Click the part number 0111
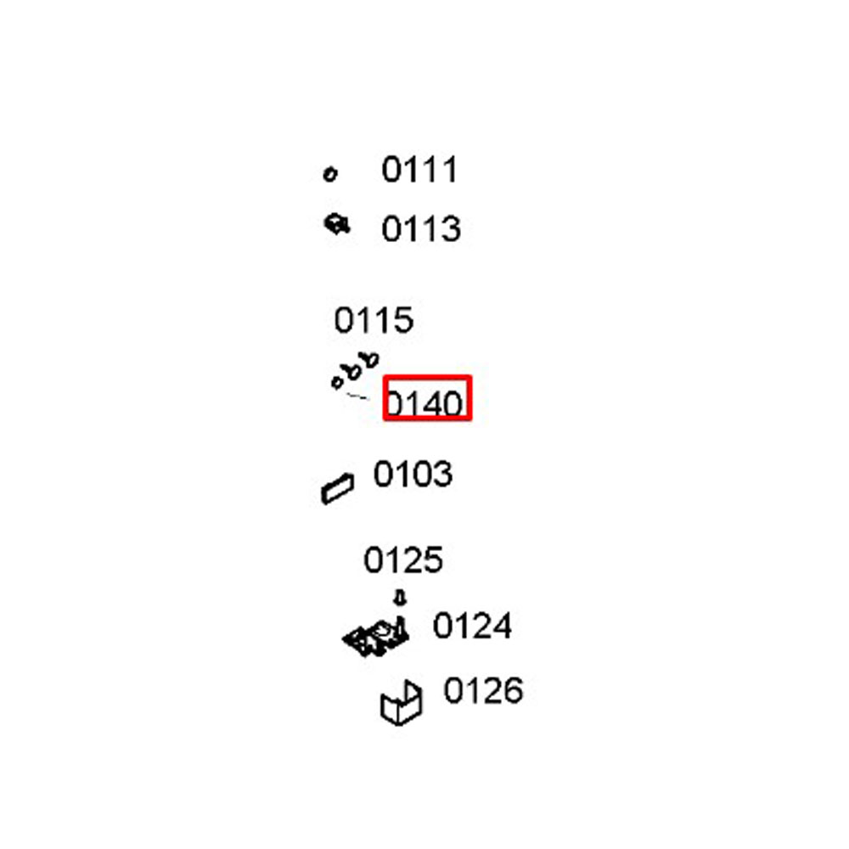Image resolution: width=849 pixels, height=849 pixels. click(420, 170)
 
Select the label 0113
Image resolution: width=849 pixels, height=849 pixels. click(421, 228)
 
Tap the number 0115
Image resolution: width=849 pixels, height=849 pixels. click(374, 320)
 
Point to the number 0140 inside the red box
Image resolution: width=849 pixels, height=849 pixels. click(424, 403)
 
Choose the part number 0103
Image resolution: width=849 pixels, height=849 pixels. click(413, 475)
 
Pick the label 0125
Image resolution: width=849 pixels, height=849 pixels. click(403, 559)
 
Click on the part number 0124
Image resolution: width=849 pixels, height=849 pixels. click(472, 626)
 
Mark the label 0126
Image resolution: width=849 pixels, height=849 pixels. click(483, 690)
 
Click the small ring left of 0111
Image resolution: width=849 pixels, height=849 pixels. click(329, 174)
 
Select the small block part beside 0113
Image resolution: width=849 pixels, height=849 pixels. click(337, 224)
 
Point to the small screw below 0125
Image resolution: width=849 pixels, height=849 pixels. click(400, 598)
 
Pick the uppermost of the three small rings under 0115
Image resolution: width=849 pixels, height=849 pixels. click(372, 360)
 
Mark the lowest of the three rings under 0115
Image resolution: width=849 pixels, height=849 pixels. click(337, 382)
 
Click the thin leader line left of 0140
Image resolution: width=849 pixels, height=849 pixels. click(357, 396)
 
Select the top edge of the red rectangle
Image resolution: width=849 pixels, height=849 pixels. click(427, 377)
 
